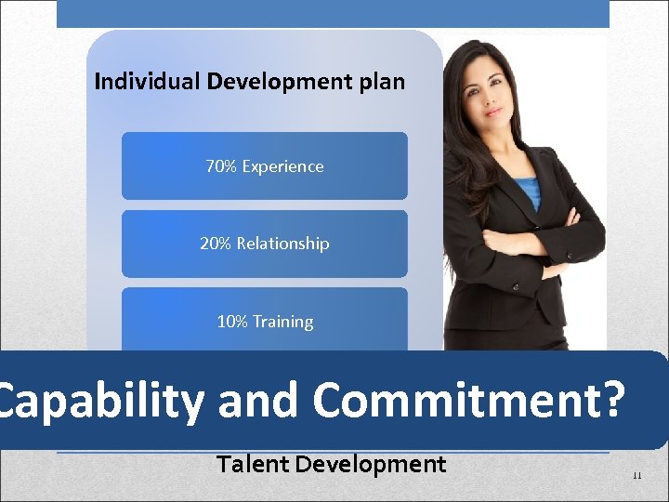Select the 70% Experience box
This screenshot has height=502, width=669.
(264, 166)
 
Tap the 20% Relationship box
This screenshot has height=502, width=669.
(264, 244)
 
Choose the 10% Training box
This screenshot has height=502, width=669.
(264, 321)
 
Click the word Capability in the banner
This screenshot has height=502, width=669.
(100, 401)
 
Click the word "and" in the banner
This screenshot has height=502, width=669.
(258, 401)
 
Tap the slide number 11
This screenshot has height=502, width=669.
(636, 475)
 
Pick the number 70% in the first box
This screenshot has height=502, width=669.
(220, 166)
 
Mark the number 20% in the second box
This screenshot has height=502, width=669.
(215, 244)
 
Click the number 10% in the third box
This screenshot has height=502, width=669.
(231, 322)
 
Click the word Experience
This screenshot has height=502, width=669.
(282, 167)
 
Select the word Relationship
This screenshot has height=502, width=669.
(282, 244)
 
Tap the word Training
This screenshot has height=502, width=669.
(282, 322)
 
